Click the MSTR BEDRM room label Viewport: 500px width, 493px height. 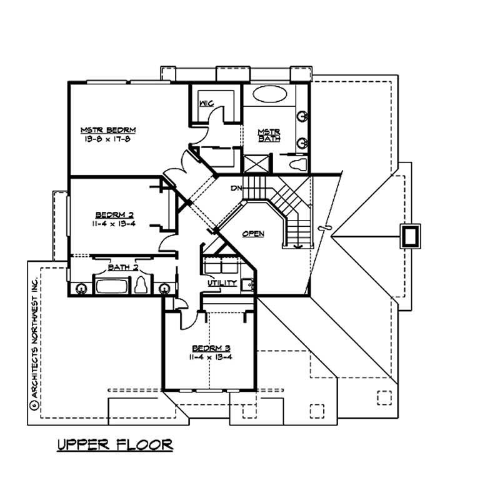pos(108,130)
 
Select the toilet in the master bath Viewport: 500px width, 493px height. pos(299,164)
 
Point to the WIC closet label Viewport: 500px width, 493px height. pos(207,102)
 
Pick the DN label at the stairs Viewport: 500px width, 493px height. pos(236,188)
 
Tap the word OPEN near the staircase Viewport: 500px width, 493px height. pos(253,234)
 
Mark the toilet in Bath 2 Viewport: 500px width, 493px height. pos(142,286)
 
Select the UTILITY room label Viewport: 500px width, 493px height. pos(222,283)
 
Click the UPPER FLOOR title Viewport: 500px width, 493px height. pos(114,444)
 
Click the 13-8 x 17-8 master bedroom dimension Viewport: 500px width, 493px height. pos(108,139)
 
